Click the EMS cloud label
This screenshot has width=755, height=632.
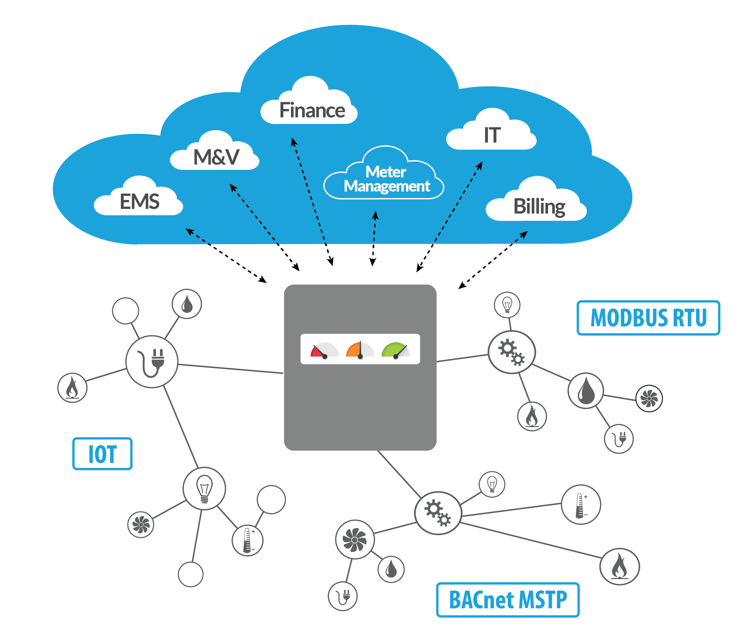point(139,196)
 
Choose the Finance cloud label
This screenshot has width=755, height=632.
point(309,100)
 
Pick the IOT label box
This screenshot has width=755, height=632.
point(103,454)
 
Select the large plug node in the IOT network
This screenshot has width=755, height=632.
point(152,362)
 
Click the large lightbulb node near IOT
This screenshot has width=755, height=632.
point(204,489)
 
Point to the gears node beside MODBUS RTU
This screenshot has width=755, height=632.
point(512,352)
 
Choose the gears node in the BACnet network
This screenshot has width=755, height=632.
point(438,513)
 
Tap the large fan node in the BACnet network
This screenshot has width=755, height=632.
point(355,539)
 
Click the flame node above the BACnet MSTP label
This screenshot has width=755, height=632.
point(620,567)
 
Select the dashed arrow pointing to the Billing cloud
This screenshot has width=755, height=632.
point(493,260)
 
